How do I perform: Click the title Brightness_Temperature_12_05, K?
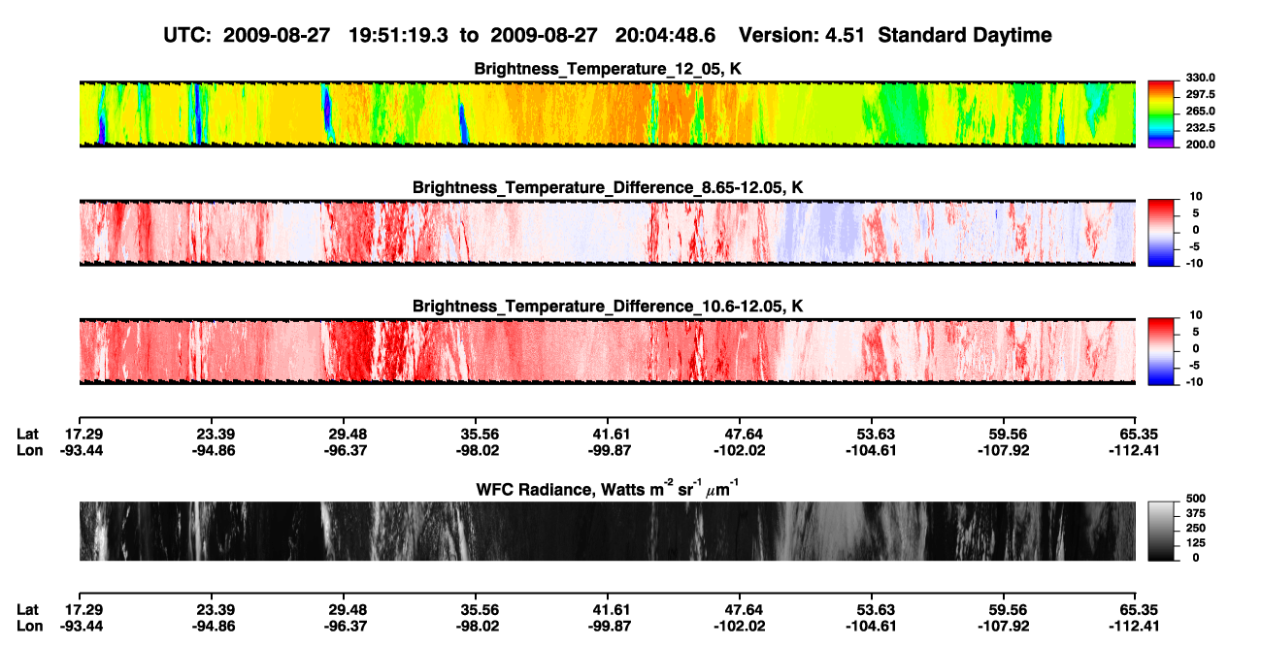pyautogui.click(x=608, y=69)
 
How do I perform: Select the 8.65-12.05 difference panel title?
pyautogui.click(x=608, y=187)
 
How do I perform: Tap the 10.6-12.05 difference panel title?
pyautogui.click(x=608, y=307)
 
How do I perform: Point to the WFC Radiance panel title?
pyautogui.click(x=608, y=488)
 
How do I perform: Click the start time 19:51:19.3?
pyautogui.click(x=398, y=35)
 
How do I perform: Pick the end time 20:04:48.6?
pyautogui.click(x=665, y=35)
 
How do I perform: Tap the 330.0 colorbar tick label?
pyautogui.click(x=1200, y=78)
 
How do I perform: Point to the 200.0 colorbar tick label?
pyautogui.click(x=1200, y=145)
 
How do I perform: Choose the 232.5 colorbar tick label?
pyautogui.click(x=1200, y=128)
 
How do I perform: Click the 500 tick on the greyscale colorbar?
pyautogui.click(x=1196, y=499)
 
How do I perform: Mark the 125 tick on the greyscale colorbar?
pyautogui.click(x=1196, y=543)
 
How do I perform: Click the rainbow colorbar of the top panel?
pyautogui.click(x=1161, y=114)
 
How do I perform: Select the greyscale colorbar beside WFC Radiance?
pyautogui.click(x=1161, y=531)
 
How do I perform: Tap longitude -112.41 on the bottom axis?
pyautogui.click(x=1134, y=627)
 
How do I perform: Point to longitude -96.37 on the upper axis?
pyautogui.click(x=346, y=451)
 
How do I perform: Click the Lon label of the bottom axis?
pyautogui.click(x=30, y=627)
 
